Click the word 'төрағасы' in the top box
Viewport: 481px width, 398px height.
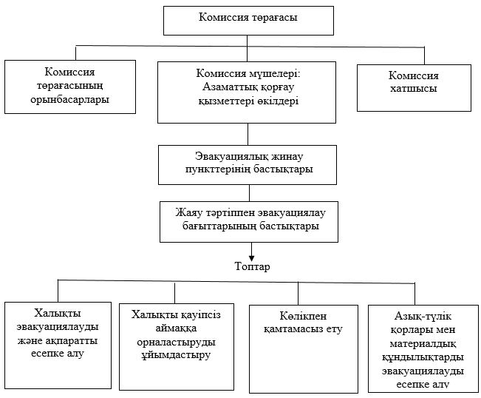point(275,18)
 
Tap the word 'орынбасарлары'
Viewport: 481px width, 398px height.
point(70,100)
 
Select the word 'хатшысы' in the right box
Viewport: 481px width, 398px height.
point(414,89)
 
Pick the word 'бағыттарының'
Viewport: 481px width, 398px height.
point(219,226)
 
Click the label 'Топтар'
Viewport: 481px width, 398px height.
point(253,266)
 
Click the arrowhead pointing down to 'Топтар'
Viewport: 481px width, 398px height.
point(251,258)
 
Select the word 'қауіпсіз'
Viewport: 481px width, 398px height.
point(199,315)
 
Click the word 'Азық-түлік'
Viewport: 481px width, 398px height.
point(423,316)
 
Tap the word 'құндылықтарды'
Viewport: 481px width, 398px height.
point(423,358)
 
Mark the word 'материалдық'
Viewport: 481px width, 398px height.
point(423,344)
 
